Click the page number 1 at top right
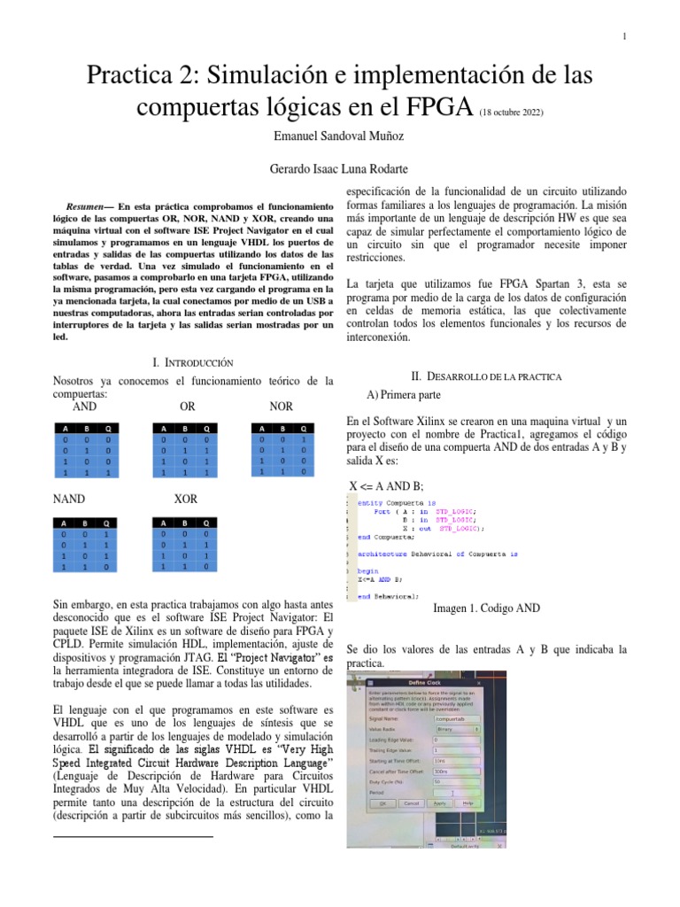point(624,35)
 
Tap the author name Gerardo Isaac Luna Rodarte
point(339,168)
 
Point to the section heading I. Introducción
point(192,363)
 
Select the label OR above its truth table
point(187,407)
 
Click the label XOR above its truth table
point(186,499)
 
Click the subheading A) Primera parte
point(403,394)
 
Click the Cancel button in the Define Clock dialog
point(411,802)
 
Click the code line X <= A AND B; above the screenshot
point(387,486)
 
